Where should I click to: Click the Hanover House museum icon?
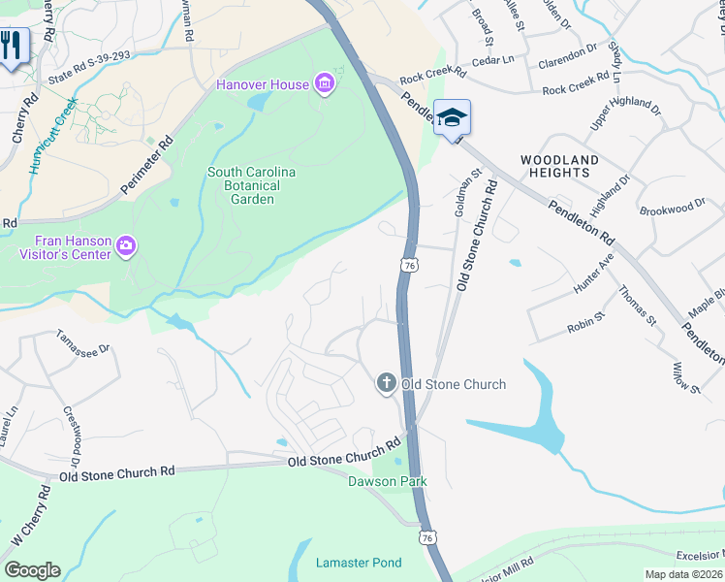[x=325, y=84]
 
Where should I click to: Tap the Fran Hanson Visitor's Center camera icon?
[x=125, y=248]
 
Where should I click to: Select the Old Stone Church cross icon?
[x=386, y=384]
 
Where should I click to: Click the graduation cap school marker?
[x=452, y=118]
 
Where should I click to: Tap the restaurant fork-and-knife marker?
[x=12, y=46]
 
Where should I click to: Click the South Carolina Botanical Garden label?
[x=251, y=185]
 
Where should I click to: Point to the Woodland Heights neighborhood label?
[x=559, y=166]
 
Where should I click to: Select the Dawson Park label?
[x=388, y=481]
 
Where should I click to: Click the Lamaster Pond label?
[x=359, y=563]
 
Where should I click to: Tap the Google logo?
[x=33, y=570]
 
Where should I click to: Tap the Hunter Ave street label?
[x=593, y=272]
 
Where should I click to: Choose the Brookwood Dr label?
[x=673, y=208]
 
